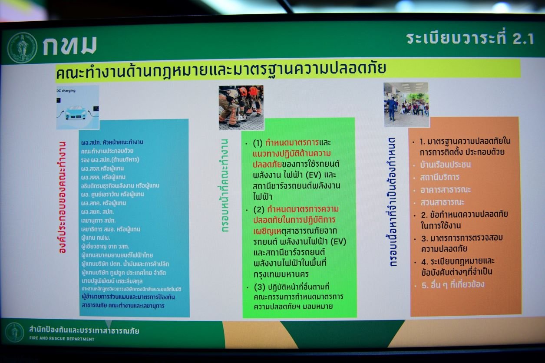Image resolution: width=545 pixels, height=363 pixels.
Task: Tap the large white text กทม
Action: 69,46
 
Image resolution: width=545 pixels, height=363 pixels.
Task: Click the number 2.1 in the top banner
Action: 521,39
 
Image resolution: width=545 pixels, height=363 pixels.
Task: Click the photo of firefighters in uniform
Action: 241,107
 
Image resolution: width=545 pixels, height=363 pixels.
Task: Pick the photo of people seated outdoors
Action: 406,105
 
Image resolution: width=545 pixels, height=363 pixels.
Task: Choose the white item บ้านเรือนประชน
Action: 445,165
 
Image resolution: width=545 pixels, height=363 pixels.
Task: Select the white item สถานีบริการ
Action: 439,178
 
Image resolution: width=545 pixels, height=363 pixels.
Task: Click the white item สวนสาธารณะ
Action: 442,202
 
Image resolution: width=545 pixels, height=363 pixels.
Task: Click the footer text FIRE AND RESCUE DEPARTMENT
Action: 61,339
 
